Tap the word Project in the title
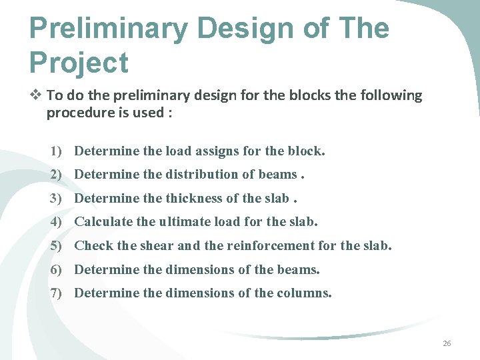(x=79, y=63)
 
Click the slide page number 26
(x=447, y=343)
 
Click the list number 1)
(x=57, y=151)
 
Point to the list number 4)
(x=57, y=222)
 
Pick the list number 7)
(x=57, y=293)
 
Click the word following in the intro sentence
(x=392, y=95)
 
